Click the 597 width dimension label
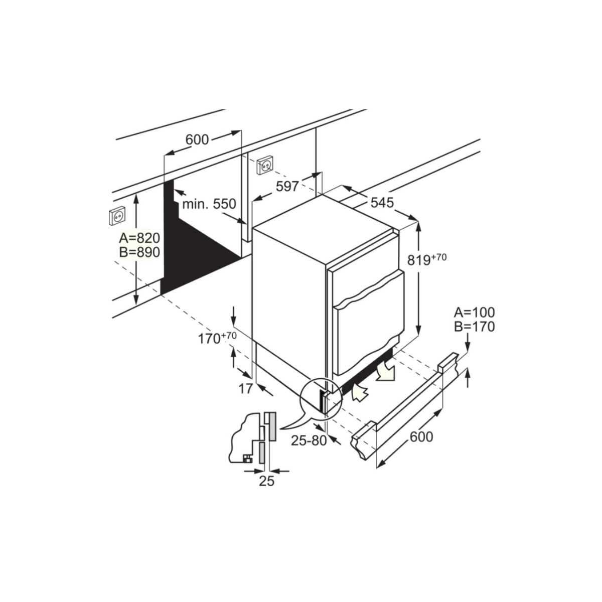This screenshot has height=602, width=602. click(287, 187)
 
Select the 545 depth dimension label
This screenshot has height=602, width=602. click(382, 203)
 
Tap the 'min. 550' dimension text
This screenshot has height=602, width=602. click(209, 204)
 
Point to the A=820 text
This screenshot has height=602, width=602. click(139, 238)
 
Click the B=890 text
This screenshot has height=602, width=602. click(139, 252)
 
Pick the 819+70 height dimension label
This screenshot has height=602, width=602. click(427, 259)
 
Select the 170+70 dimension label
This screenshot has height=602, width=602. click(217, 338)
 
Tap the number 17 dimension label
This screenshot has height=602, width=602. click(245, 389)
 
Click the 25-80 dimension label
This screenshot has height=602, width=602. click(309, 440)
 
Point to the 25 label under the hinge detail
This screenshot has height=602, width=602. click(266, 481)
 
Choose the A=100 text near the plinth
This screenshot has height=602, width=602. click(474, 312)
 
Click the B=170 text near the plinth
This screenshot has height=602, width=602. click(474, 327)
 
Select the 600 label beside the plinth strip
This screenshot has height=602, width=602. click(421, 436)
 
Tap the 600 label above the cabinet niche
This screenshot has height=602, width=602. click(197, 139)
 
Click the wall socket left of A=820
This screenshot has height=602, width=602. click(117, 216)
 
